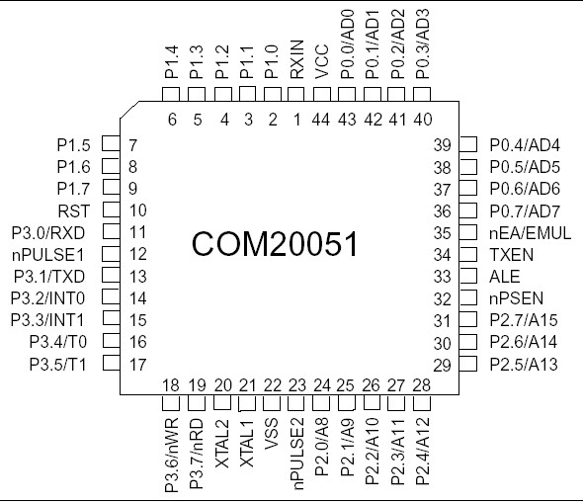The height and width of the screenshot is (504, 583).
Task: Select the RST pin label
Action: [x=75, y=210]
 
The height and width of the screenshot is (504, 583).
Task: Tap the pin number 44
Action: [x=320, y=120]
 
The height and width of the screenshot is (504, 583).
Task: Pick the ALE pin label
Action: [x=506, y=277]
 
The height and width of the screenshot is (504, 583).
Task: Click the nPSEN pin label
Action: [x=517, y=298]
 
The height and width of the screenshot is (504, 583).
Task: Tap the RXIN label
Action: [x=296, y=61]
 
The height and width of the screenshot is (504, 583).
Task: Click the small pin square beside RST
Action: [x=112, y=210]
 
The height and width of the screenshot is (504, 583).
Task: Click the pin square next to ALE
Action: [x=469, y=277]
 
